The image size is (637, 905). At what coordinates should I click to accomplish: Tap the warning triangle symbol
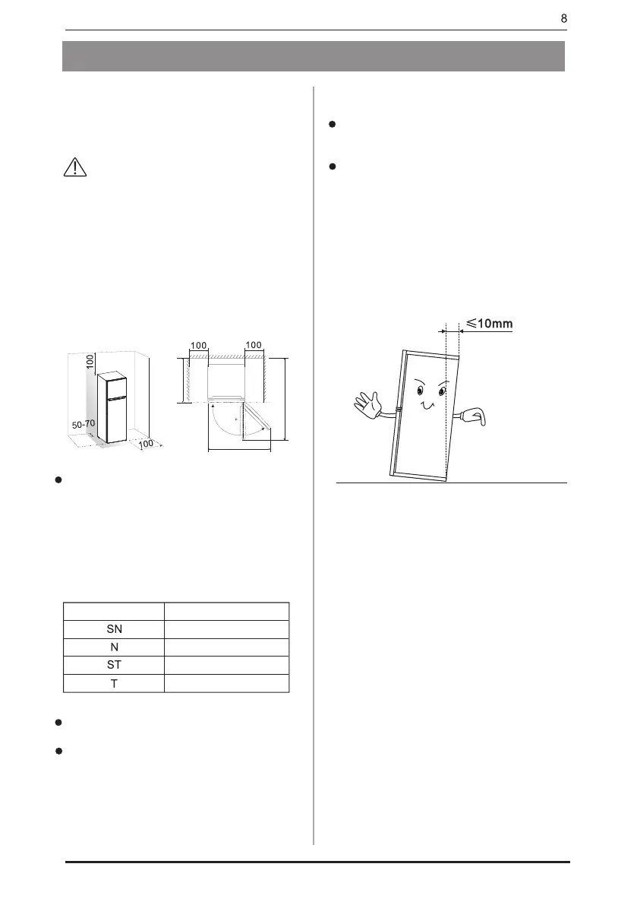75,169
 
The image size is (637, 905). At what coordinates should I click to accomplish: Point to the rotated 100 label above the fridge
89,362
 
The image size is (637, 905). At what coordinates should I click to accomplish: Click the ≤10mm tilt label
490,324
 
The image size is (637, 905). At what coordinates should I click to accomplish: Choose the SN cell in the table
113,628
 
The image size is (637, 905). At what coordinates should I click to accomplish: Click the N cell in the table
113,647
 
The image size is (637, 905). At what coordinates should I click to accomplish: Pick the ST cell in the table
113,665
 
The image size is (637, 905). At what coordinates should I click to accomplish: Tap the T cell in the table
113,682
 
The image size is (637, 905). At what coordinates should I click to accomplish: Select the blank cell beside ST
227,665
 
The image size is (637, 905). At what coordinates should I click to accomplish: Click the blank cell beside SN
227,628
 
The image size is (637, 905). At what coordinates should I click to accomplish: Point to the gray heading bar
314,56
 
